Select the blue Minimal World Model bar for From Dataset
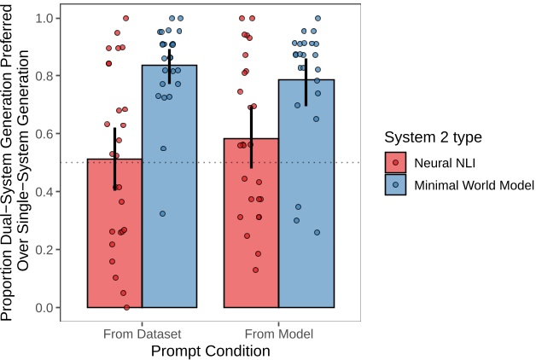click(x=169, y=196)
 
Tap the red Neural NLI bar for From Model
click(x=251, y=230)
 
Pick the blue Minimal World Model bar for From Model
click(x=306, y=205)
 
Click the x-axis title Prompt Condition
click(x=210, y=350)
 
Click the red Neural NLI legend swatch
click(x=395, y=161)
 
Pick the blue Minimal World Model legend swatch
click(x=395, y=183)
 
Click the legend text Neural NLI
click(x=445, y=161)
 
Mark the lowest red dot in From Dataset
click(x=126, y=307)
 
